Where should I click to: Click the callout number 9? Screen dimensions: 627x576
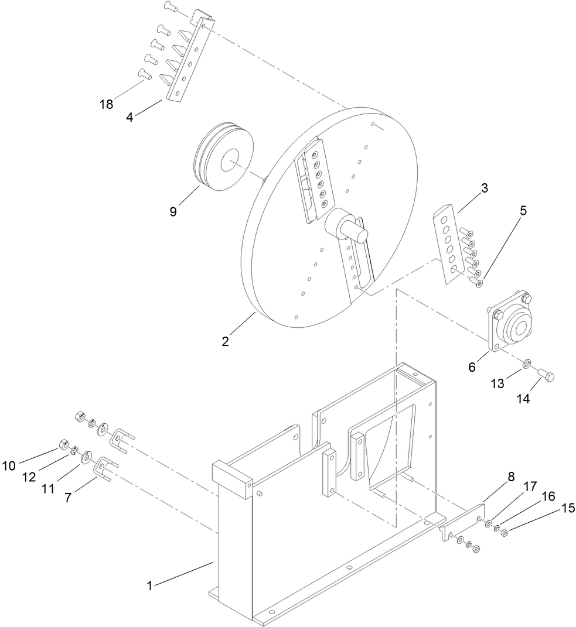coord(173,211)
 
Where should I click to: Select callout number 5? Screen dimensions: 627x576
coord(523,210)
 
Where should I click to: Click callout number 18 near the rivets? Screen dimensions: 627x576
coord(107,105)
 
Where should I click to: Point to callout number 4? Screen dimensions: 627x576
coord(130,116)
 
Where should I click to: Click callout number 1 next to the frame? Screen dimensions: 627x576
coord(149,585)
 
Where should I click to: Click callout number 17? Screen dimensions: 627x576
coord(530,486)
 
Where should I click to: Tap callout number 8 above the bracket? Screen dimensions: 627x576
coord(511,477)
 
